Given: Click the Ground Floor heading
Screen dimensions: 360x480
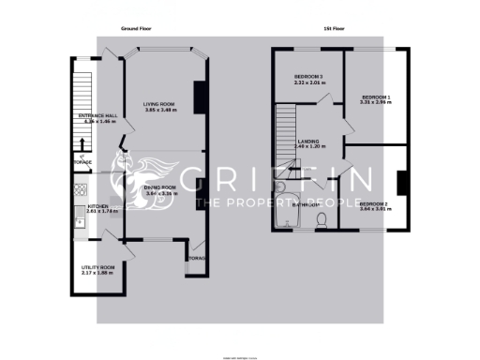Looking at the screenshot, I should point(136,29).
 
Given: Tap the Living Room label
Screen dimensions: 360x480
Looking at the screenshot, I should point(160,104).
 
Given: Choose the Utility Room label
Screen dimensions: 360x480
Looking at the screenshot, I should point(97,268).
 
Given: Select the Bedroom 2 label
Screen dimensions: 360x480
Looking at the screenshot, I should point(373,203).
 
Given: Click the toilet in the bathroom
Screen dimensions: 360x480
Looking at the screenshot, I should point(321,219).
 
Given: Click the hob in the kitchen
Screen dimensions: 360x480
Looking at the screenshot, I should point(74,221).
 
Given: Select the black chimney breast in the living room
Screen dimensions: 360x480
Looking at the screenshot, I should point(199,98).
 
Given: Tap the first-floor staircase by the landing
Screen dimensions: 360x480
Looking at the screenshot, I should point(284,131).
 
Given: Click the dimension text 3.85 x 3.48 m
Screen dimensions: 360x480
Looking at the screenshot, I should point(160,111).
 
